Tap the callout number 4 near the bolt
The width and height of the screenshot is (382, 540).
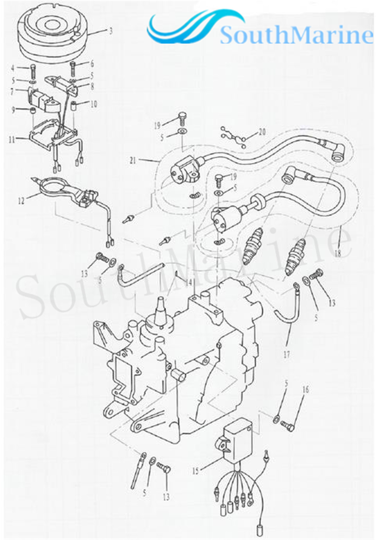pos(12,68)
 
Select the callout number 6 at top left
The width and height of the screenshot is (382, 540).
pos(92,64)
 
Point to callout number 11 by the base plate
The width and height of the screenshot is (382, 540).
pos(12,140)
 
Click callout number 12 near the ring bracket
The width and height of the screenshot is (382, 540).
pos(21,201)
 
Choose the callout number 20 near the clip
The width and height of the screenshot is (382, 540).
pos(262,131)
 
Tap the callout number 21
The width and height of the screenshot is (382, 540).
pos(133,161)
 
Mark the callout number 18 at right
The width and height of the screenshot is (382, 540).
pos(338,253)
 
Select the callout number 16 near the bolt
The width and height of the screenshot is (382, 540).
pos(306,389)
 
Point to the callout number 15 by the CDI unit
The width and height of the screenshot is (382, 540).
pos(195,471)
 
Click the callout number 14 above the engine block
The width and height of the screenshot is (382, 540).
pos(189,282)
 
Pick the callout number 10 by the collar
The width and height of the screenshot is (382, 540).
pos(93,104)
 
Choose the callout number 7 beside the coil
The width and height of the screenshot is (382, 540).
pos(12,92)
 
